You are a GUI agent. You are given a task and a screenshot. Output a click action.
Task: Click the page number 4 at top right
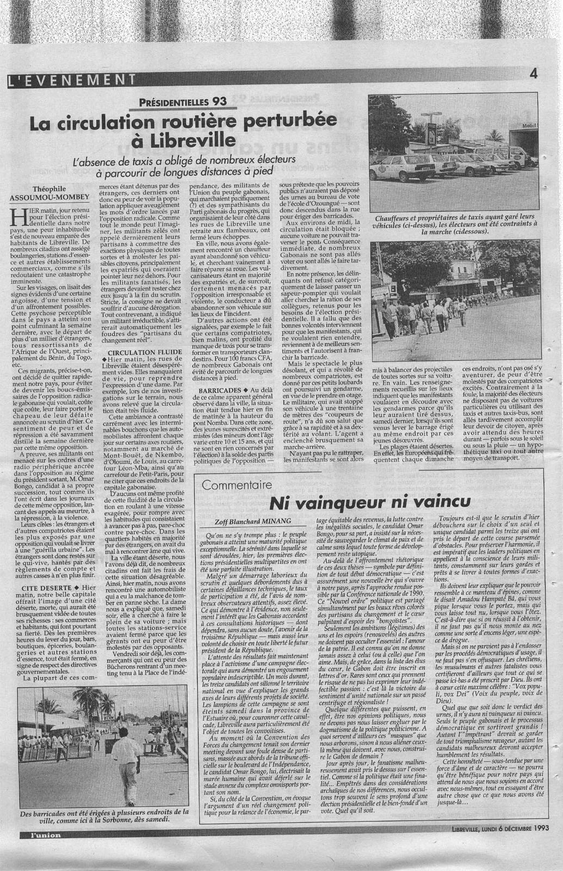[x=534, y=75]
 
